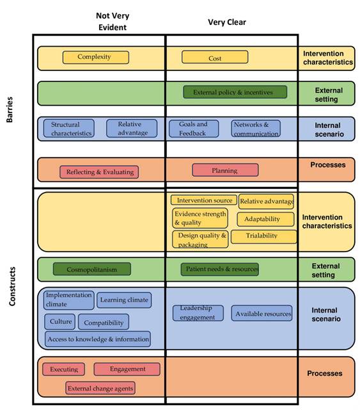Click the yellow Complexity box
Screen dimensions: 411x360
[95, 57]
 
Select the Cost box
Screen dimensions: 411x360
[215, 58]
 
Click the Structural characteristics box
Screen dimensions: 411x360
[69, 129]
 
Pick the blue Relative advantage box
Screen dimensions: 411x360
[132, 129]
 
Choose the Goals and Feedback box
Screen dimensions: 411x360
[194, 129]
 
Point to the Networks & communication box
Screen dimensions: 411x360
[255, 129]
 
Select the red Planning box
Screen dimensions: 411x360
[225, 170]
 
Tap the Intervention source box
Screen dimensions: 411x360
[204, 200]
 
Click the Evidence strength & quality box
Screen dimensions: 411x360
[200, 218]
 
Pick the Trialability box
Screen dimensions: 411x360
[263, 236]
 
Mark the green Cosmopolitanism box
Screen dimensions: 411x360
[91, 270]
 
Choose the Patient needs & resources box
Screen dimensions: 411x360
[220, 270]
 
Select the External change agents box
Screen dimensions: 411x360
[100, 388]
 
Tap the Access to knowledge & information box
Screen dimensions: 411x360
[98, 339]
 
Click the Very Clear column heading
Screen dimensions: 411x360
[226, 22]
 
